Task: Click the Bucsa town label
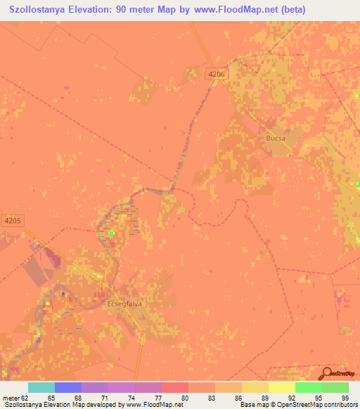(x=276, y=138)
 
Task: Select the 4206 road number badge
(x=217, y=72)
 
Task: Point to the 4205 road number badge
(x=13, y=220)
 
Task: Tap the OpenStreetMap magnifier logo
(x=327, y=373)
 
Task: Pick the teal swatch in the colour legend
(x=41, y=387)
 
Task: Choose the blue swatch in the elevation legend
(x=68, y=387)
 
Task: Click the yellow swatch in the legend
(x=282, y=387)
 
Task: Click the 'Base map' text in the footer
(x=252, y=405)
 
